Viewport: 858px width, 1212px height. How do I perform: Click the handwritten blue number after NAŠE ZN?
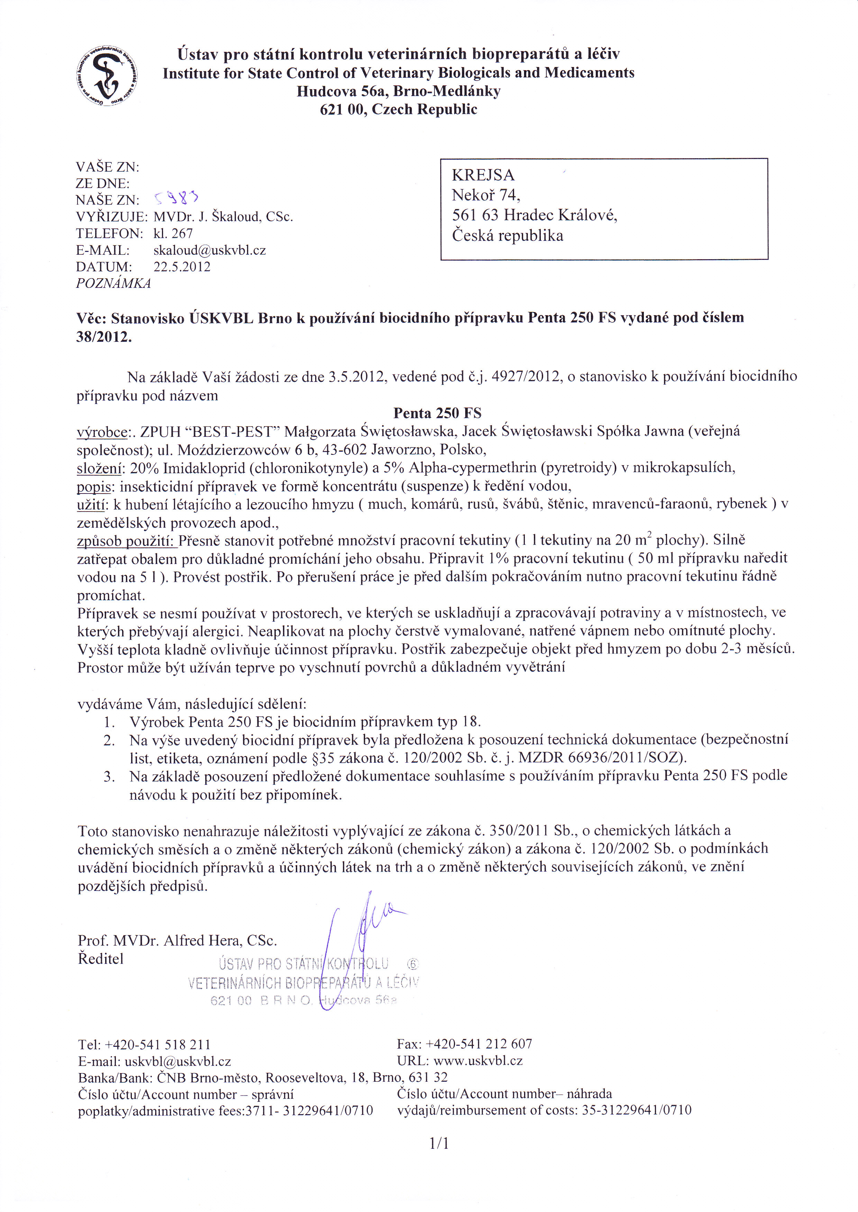click(x=176, y=199)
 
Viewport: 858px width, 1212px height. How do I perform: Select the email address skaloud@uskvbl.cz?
click(x=209, y=250)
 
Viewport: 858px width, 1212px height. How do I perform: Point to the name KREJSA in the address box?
click(x=483, y=175)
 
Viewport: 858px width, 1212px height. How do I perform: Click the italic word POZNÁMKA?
click(x=113, y=283)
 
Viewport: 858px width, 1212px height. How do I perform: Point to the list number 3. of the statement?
click(x=109, y=776)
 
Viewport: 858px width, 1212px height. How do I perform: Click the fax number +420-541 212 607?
click(x=479, y=1044)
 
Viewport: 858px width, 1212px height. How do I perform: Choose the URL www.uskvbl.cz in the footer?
click(x=477, y=1061)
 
